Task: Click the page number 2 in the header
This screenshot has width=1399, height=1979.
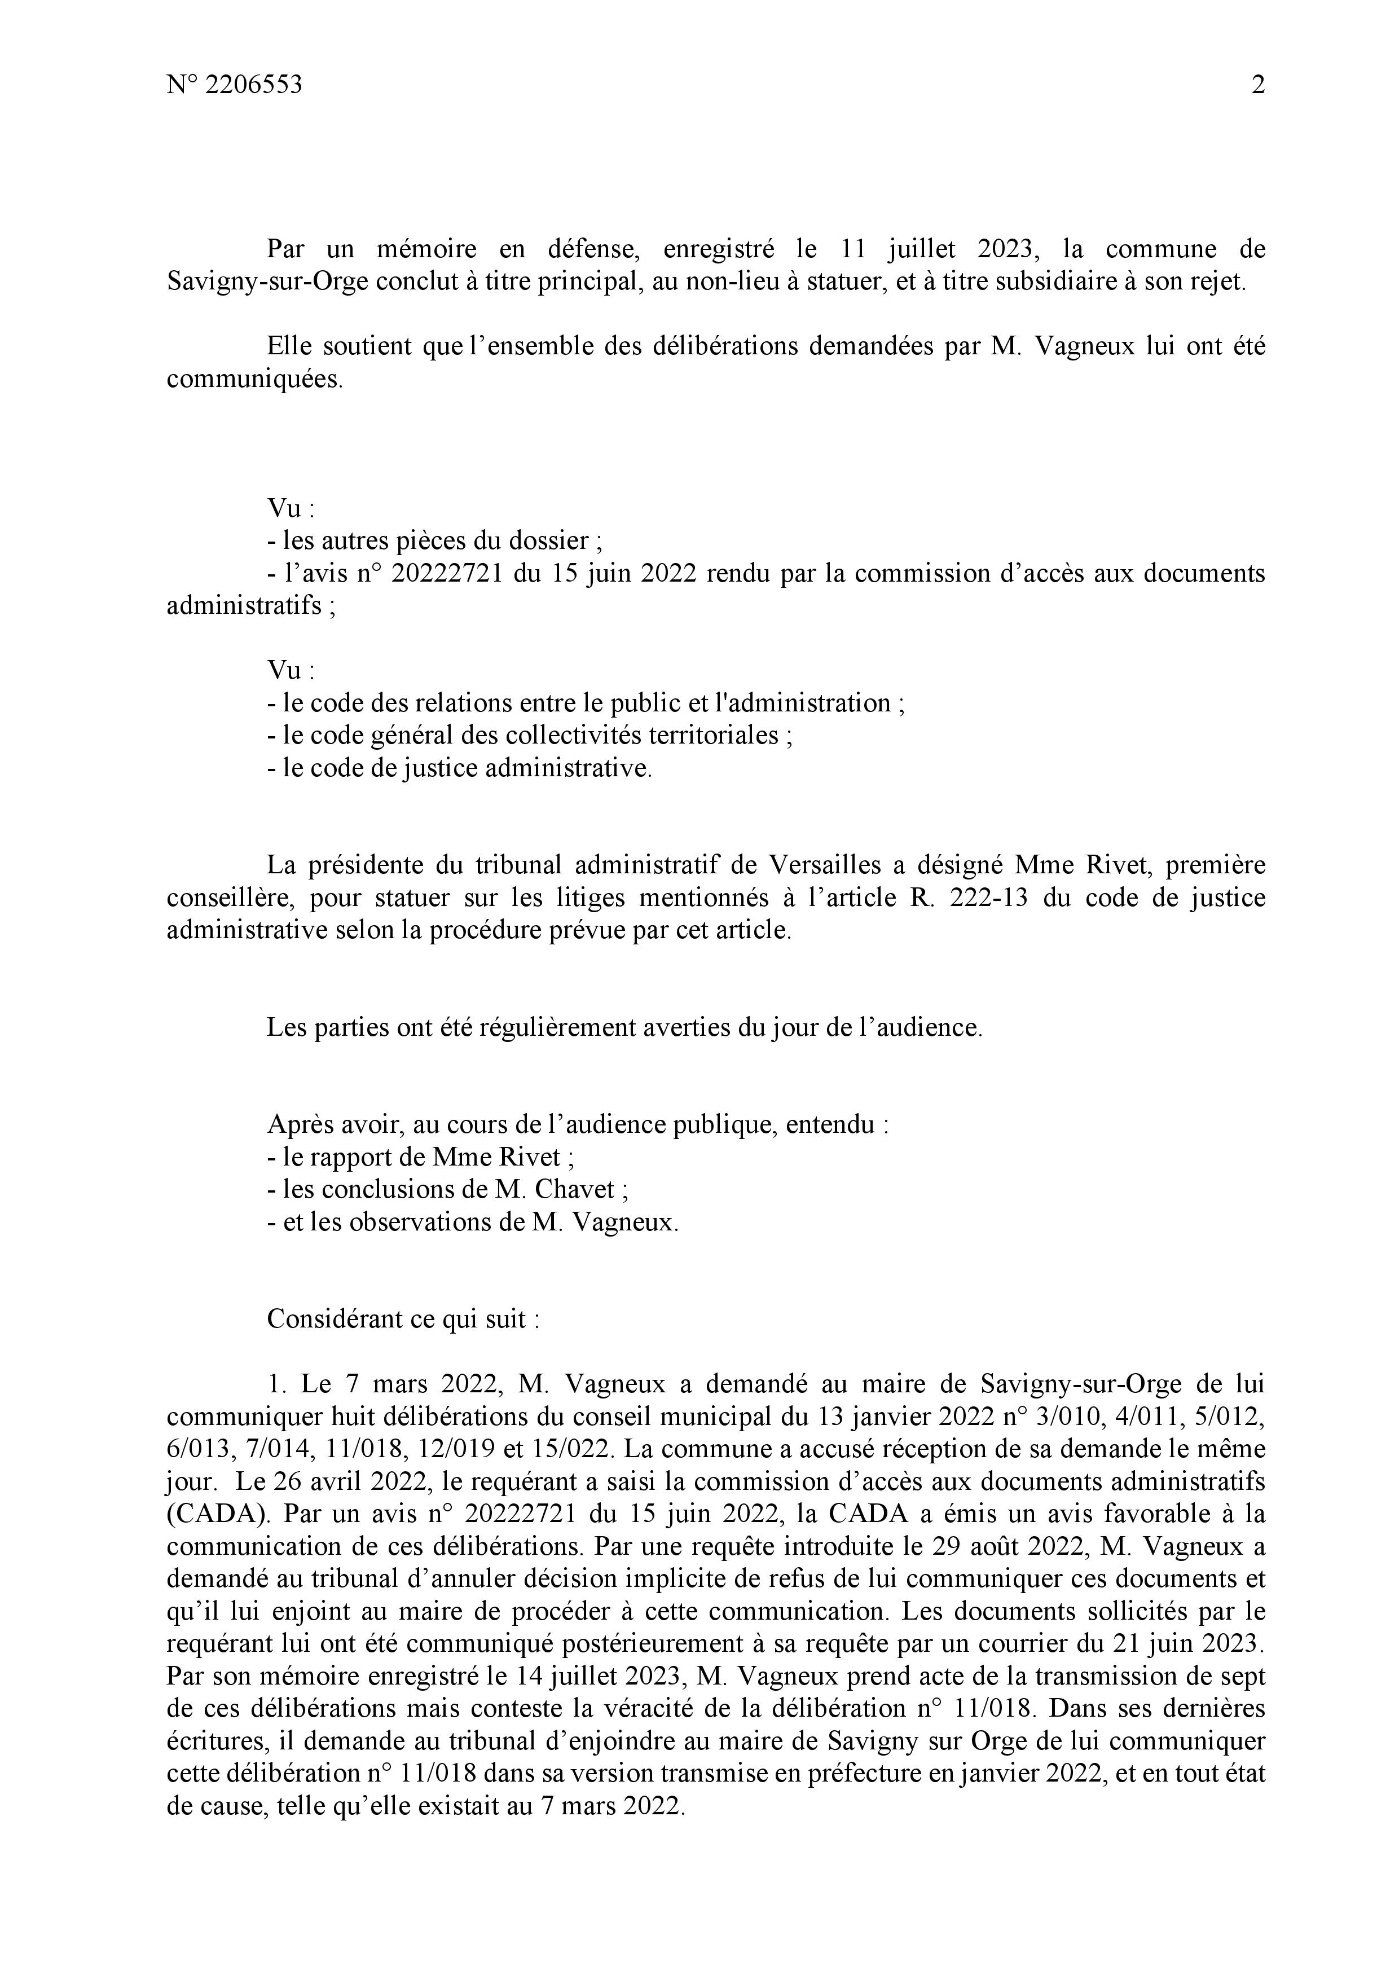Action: point(1257,85)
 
